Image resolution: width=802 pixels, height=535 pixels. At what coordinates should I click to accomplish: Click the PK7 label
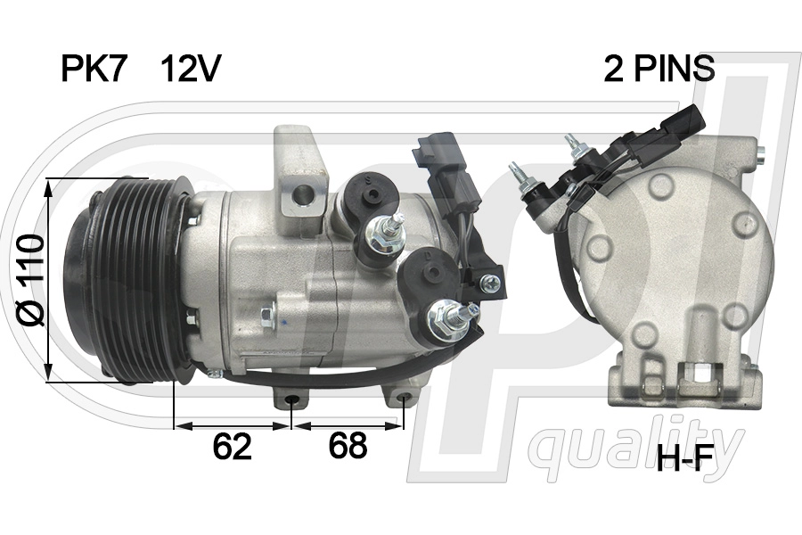(x=94, y=69)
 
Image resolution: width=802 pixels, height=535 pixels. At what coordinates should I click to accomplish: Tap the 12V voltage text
(x=190, y=69)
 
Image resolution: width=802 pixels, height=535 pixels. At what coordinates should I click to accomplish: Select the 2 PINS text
(x=659, y=69)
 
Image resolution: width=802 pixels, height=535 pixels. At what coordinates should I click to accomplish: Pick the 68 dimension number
(x=347, y=446)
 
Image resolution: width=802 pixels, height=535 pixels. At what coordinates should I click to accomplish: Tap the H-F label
(x=685, y=459)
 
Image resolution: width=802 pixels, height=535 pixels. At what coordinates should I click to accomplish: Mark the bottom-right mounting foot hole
(x=405, y=399)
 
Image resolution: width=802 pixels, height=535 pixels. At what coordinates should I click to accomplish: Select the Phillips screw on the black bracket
(x=489, y=283)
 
